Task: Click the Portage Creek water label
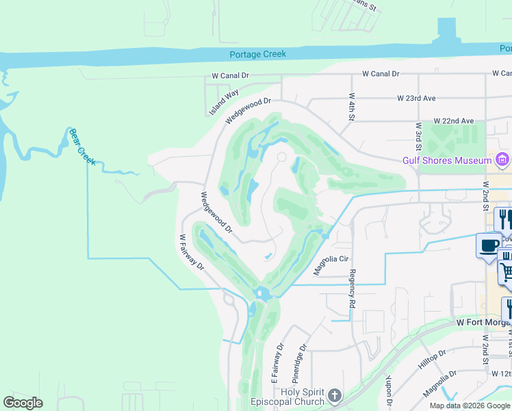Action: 258,54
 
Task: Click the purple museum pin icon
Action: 502,160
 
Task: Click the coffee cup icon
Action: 489,245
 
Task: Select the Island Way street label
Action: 224,101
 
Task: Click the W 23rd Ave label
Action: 416,99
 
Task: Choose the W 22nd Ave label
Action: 453,121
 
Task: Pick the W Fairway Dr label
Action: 192,252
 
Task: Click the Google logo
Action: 23,403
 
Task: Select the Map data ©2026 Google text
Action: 468,406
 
